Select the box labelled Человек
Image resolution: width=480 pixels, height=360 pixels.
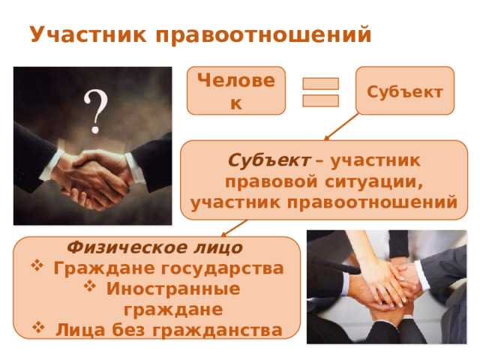[235, 90]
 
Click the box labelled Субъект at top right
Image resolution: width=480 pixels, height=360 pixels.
[405, 91]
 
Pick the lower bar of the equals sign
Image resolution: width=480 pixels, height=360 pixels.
[321, 100]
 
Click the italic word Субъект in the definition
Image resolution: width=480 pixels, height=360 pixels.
[259, 160]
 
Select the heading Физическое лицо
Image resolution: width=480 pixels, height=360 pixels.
[154, 247]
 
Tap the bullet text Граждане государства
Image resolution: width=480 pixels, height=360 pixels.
[169, 268]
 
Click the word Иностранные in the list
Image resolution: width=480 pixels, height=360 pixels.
[173, 289]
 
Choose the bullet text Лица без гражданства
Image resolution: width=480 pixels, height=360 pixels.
[169, 329]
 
